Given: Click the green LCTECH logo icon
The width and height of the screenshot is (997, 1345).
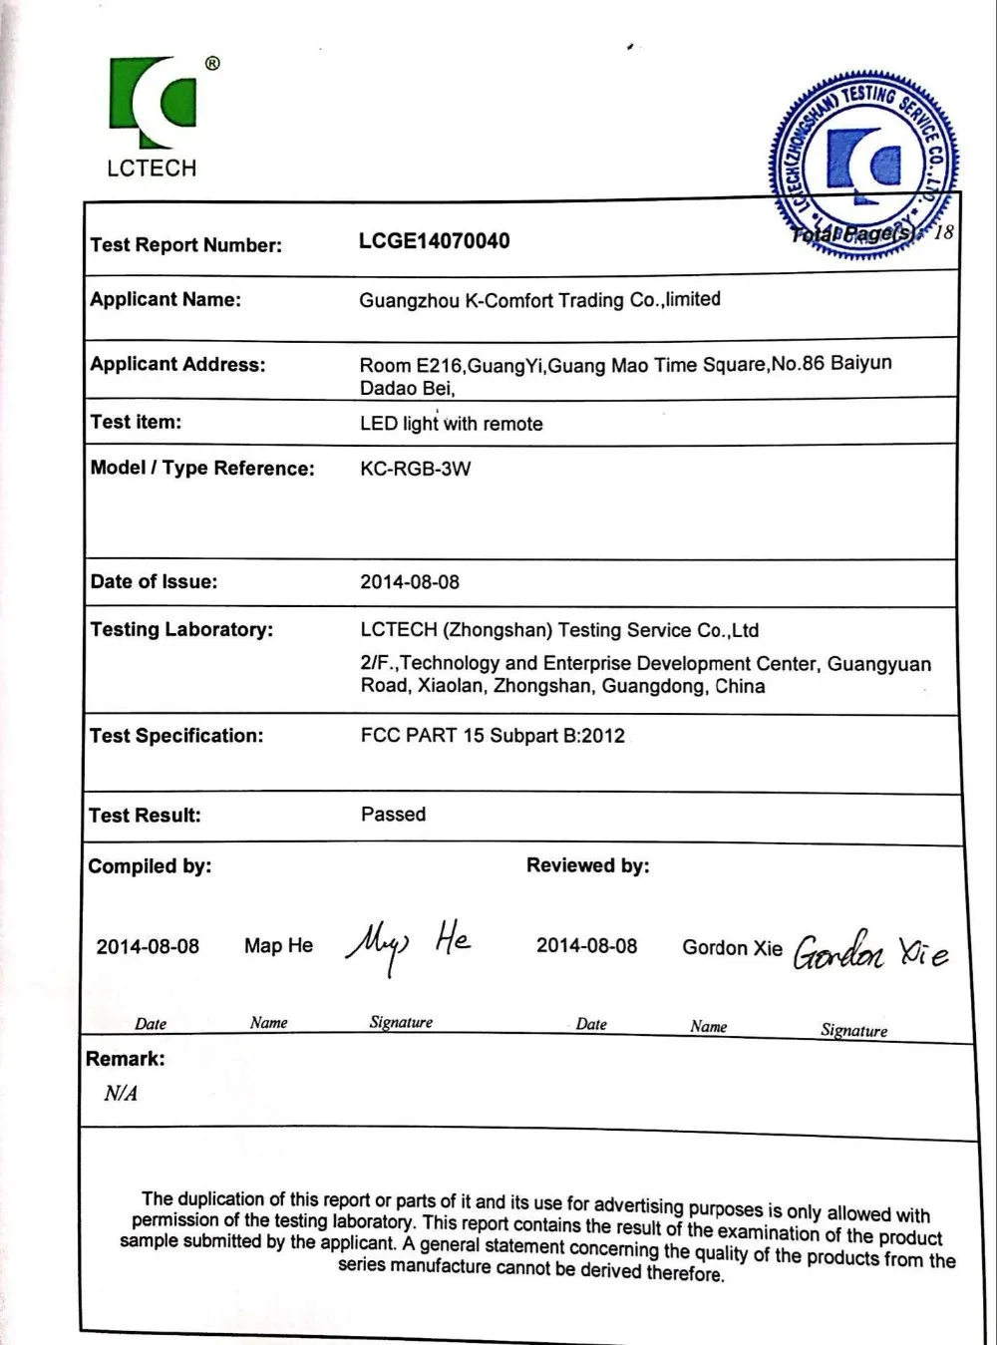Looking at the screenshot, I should click(153, 103).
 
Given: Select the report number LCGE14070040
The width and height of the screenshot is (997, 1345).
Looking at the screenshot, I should click(434, 241).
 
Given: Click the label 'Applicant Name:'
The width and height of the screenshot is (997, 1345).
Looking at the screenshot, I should click(166, 299).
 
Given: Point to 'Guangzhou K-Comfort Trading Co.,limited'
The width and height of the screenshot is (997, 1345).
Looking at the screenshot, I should click(539, 300).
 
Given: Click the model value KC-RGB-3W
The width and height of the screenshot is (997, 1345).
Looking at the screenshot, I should click(415, 469).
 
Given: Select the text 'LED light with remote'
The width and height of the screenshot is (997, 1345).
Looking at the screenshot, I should click(451, 424).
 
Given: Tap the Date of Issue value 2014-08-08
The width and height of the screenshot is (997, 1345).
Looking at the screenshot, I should click(410, 582).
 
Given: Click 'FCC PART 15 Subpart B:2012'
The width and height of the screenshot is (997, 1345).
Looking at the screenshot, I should click(493, 736).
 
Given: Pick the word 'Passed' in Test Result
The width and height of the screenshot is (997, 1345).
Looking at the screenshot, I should click(393, 815).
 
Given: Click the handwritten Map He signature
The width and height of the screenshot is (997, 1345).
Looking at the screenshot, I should click(407, 945).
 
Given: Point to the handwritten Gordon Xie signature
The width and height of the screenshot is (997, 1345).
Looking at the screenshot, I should click(870, 952).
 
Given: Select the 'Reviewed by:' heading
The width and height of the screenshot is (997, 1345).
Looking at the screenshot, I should click(587, 865).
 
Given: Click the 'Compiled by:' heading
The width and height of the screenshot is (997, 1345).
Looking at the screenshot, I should click(150, 866).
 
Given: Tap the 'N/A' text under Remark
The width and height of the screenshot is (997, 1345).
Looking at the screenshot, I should click(121, 1094).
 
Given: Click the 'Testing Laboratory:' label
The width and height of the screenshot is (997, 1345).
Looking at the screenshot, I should click(181, 630).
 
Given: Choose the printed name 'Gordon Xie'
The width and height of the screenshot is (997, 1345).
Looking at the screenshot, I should click(732, 948).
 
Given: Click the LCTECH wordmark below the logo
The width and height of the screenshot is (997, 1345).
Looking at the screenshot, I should click(152, 168).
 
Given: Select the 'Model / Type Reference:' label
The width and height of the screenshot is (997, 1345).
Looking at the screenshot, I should click(202, 469).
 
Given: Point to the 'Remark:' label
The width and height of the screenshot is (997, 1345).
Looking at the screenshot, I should click(126, 1059).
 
